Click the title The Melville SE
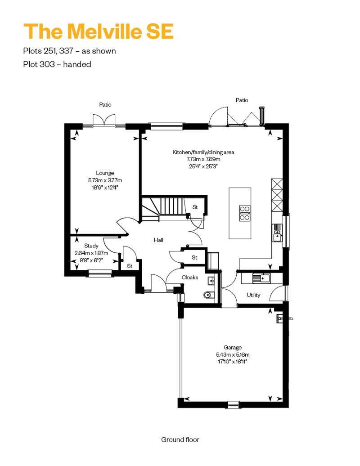pos(99,31)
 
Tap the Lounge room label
pos(105,173)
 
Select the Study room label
pos(91,246)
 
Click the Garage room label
pos(233,347)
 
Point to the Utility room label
pos(253,295)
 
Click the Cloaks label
pos(189,277)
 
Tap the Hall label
pos(158,240)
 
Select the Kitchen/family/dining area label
pos(203,152)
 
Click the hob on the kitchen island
pos(245,213)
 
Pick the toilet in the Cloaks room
pos(209,295)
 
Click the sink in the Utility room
pos(261,278)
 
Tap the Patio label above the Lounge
pos(105,105)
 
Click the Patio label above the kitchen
pos(242,100)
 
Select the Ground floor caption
pos(180,439)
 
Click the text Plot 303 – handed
pos(57,64)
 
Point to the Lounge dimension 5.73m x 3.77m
pos(105,180)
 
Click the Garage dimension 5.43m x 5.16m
pos(233,354)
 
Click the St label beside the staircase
pos(195,207)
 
